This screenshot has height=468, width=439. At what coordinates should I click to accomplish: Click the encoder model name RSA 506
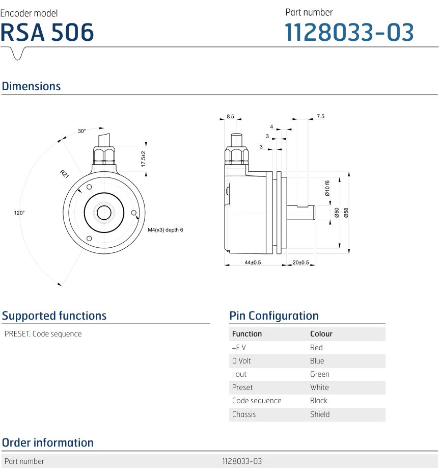[47, 32]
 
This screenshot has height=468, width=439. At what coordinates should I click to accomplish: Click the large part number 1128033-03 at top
[349, 32]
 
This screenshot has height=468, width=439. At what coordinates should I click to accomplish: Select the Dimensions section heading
[31, 86]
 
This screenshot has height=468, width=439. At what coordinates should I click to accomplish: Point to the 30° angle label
[81, 131]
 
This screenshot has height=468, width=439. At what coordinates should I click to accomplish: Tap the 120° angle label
[19, 213]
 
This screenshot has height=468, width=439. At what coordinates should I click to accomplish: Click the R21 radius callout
[65, 174]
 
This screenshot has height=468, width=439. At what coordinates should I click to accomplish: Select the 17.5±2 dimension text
[144, 160]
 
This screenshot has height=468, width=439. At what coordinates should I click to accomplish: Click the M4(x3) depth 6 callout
[166, 230]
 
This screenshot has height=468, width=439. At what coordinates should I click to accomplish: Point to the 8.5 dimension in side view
[230, 117]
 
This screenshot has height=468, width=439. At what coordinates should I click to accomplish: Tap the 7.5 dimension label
[320, 117]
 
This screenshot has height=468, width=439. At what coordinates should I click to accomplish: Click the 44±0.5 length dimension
[253, 263]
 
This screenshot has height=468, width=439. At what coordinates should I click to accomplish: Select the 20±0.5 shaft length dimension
[300, 263]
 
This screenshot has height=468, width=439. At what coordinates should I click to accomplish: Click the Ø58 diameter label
[346, 213]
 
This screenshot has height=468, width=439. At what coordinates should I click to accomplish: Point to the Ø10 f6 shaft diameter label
[327, 189]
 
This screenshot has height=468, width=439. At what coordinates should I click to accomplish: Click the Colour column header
[321, 334]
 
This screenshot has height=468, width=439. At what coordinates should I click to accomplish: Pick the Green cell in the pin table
[319, 374]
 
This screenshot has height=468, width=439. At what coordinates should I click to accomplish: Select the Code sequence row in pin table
[257, 401]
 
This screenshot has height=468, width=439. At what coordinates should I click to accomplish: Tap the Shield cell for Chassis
[319, 414]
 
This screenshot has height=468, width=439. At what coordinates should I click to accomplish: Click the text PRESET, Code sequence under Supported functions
[43, 334]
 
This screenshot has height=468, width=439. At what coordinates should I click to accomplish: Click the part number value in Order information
[242, 461]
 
